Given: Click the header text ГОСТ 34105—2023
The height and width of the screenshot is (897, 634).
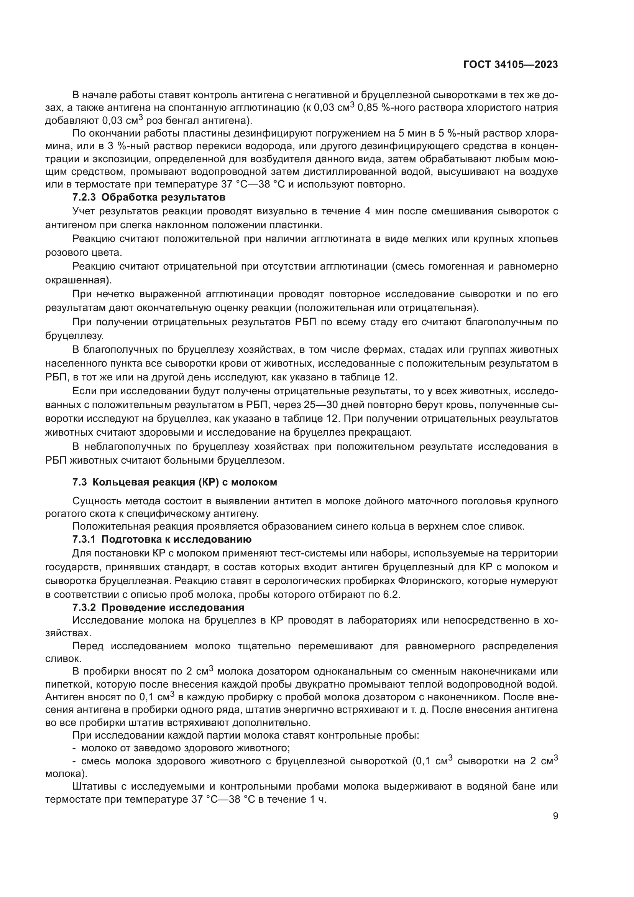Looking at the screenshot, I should click(x=511, y=65).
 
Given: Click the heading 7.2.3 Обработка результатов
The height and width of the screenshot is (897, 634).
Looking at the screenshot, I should click(x=149, y=197).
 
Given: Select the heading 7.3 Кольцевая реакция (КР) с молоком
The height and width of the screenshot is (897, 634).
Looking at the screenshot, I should click(x=174, y=482).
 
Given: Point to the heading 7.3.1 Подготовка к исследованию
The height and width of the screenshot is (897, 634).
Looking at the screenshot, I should click(x=162, y=540).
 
